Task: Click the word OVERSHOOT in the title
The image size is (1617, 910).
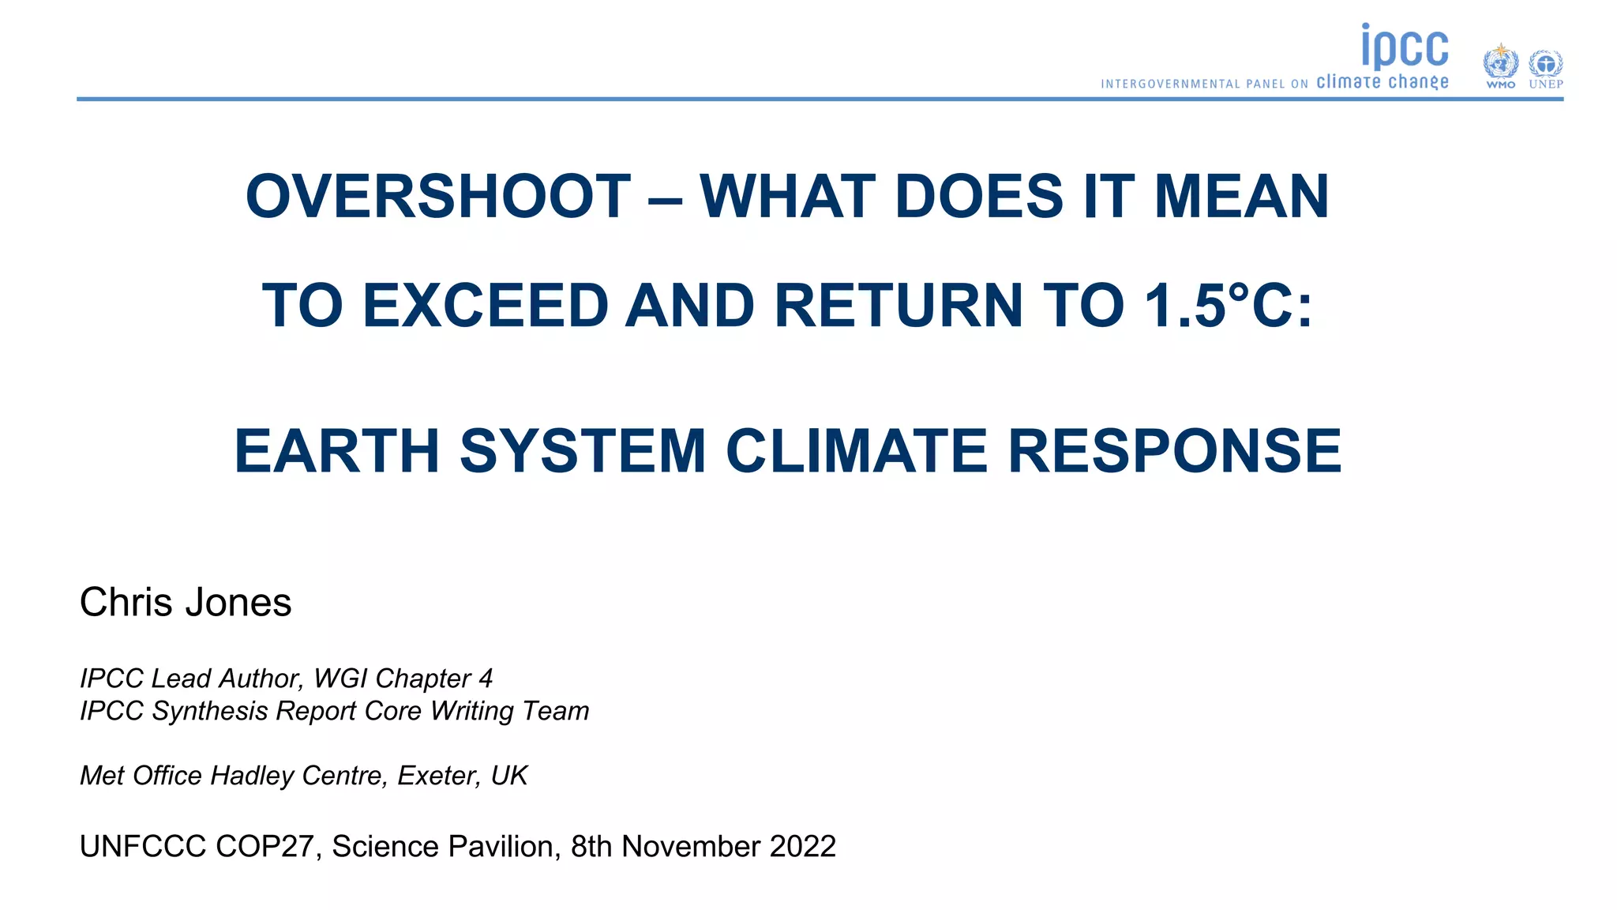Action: (438, 197)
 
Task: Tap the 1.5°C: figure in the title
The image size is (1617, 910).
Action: (1229, 306)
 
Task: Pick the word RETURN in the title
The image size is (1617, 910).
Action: (899, 306)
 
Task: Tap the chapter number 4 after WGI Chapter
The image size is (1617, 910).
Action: (486, 679)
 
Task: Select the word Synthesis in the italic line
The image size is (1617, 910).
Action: (210, 711)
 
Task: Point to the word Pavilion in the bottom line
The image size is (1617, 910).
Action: (505, 847)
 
